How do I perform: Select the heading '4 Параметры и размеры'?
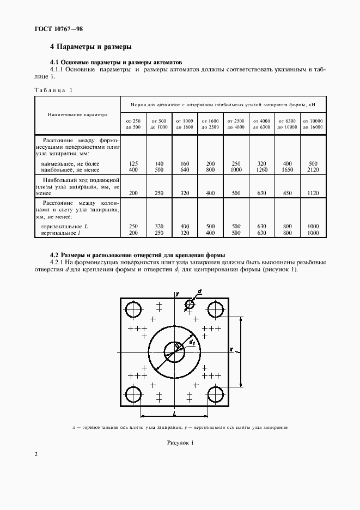[x=90, y=47]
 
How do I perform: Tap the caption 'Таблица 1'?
[x=53, y=90]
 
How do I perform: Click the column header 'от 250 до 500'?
[x=133, y=123]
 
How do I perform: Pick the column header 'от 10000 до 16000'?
[x=313, y=123]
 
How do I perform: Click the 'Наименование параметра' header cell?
[x=77, y=115]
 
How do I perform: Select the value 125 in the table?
[x=133, y=163]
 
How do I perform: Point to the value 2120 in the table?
[x=313, y=170]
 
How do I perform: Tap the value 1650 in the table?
[x=287, y=170]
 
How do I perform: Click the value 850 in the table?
[x=287, y=193]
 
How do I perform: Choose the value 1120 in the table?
[x=313, y=193]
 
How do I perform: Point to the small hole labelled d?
[x=190, y=304]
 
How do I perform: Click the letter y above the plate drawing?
[x=177, y=294]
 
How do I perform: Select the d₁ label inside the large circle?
[x=192, y=342]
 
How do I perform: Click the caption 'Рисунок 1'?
[x=180, y=442]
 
